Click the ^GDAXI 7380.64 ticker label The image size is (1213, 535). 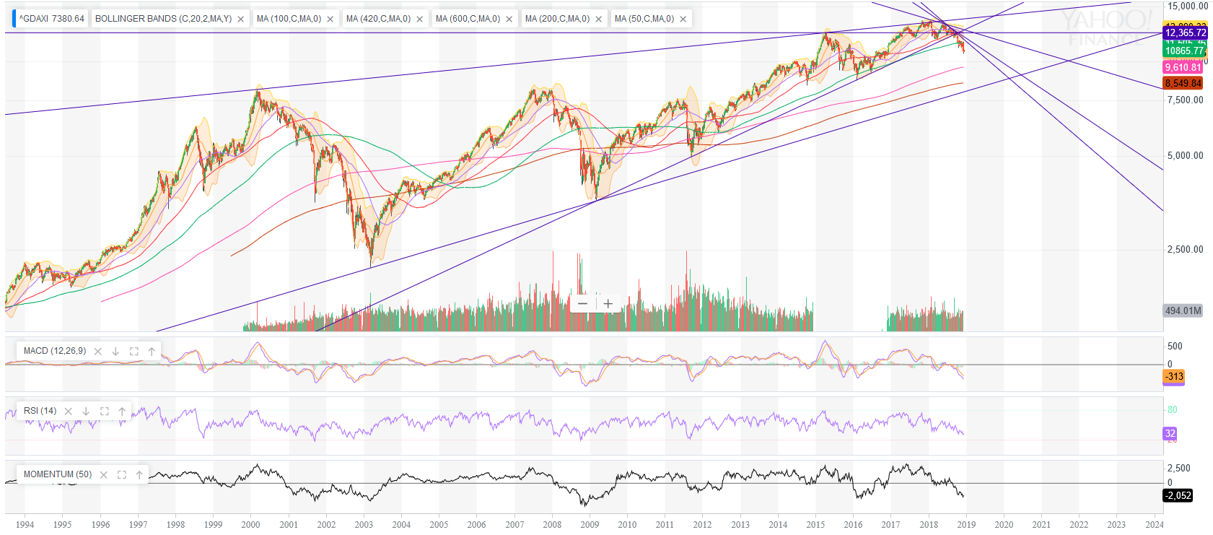coord(51,19)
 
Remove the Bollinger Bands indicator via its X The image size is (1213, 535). coord(240,19)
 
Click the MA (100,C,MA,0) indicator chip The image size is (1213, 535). coord(289,19)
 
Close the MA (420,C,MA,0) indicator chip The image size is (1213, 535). coord(419,19)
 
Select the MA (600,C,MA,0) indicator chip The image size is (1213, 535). coord(468,19)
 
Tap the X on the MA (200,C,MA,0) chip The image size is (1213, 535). coord(598,19)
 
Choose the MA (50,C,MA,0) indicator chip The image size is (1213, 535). coord(644,19)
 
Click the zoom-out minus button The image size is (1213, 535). coord(582,303)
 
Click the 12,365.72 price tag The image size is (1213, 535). coord(1185,32)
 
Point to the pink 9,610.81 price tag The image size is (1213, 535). coord(1183,67)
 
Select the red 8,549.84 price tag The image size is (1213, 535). coord(1183,83)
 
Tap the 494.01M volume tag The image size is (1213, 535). coord(1183,311)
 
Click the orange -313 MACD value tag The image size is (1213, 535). coord(1174,376)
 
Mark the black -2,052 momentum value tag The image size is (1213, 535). coord(1178,495)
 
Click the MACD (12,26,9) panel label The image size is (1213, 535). coord(55,351)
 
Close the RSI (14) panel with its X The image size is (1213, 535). coord(69,411)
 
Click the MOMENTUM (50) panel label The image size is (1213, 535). coord(58,474)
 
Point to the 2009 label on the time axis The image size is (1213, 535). coord(590,525)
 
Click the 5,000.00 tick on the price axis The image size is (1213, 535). coord(1185,155)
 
